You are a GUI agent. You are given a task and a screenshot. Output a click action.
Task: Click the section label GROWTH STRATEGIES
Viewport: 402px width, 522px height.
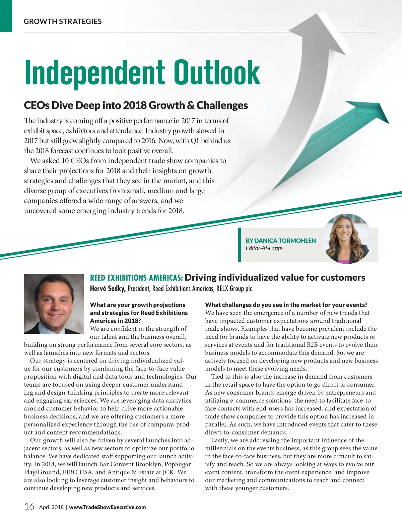point(63,21)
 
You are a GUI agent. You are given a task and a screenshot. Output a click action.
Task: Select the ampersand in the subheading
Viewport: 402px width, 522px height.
point(191,105)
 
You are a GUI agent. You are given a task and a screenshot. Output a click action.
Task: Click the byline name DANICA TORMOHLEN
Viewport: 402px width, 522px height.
point(281,241)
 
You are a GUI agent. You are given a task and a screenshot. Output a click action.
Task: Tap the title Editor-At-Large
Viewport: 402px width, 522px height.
point(264,248)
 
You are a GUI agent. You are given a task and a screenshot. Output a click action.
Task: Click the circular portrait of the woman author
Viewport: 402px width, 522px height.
point(348,238)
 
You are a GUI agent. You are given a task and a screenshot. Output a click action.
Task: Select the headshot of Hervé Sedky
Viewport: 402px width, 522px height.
point(54,304)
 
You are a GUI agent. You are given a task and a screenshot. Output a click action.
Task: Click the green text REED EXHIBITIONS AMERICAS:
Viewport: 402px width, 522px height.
point(136,278)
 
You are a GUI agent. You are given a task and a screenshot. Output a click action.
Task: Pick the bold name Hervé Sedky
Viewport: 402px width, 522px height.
point(108,288)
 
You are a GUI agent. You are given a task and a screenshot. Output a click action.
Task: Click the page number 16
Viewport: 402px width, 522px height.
point(29,506)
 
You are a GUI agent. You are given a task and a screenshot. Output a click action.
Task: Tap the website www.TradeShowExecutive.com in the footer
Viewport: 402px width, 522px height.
point(108,507)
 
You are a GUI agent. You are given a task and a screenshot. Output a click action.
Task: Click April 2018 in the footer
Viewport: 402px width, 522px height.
point(51,507)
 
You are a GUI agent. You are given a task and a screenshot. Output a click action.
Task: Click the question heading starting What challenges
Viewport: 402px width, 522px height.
point(286,305)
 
